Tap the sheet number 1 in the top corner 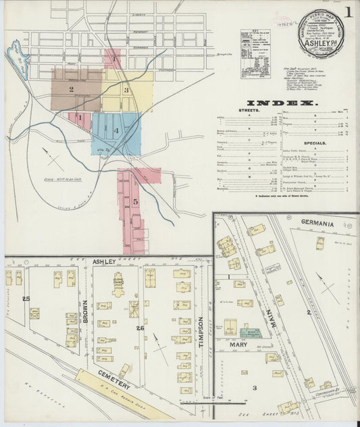[x=349, y=12]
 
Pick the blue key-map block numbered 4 [x=116, y=130]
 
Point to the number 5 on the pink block [x=135, y=201]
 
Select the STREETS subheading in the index [x=250, y=110]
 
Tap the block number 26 [x=140, y=329]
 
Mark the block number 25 [x=26, y=298]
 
